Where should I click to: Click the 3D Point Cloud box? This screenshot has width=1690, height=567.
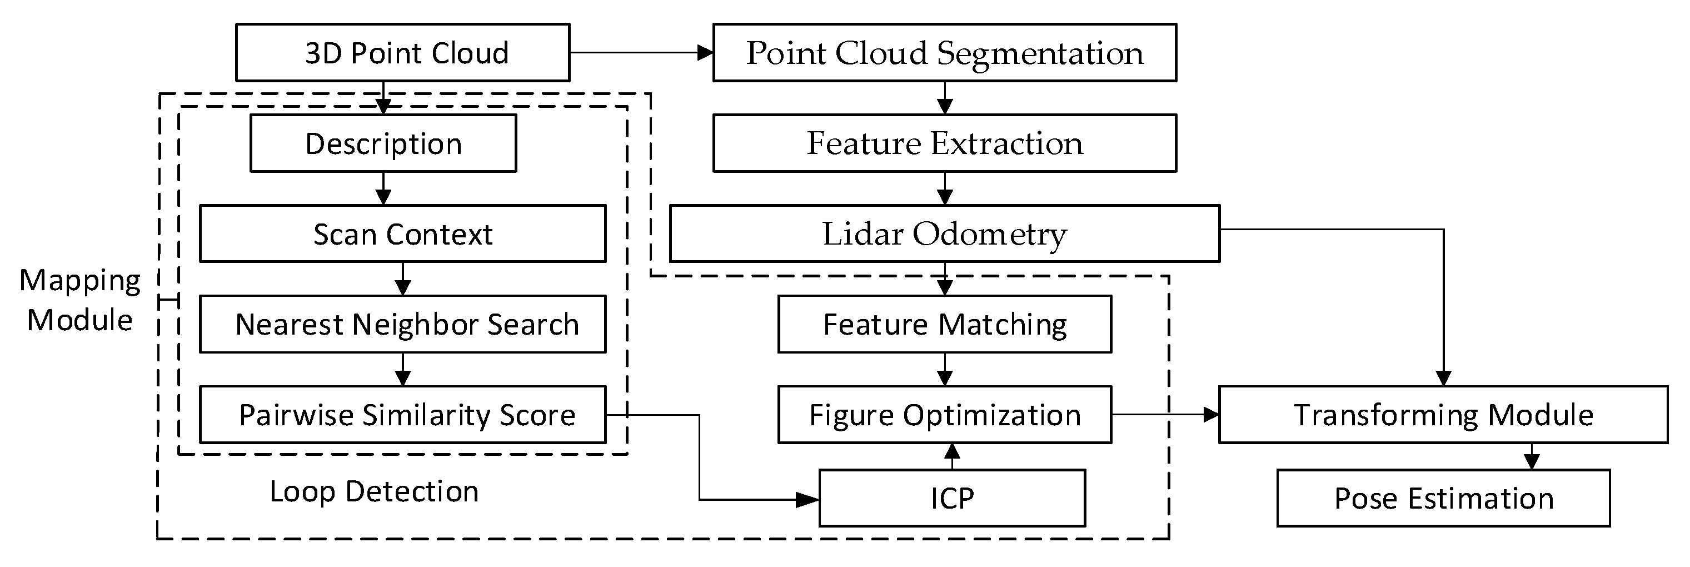pyautogui.click(x=403, y=52)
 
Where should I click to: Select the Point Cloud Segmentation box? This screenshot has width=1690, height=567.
pyautogui.click(x=945, y=52)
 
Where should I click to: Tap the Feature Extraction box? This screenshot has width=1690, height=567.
pyautogui.click(x=945, y=143)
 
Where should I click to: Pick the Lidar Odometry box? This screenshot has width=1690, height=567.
pyautogui.click(x=945, y=233)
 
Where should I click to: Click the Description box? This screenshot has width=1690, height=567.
pyautogui.click(x=383, y=143)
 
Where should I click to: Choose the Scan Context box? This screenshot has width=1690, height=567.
pyautogui.click(x=403, y=233)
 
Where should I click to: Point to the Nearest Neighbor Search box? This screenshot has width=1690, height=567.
pyautogui.click(x=403, y=324)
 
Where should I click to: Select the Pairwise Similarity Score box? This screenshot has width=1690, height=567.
pyautogui.click(x=403, y=415)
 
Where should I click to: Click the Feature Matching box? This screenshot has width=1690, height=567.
pyautogui.click(x=945, y=324)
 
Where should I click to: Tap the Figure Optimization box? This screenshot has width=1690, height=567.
pyautogui.click(x=945, y=415)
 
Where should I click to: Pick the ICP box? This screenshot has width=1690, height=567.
pyautogui.click(x=952, y=498)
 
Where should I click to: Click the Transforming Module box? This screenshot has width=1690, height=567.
pyautogui.click(x=1443, y=415)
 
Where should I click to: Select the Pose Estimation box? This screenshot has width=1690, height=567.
pyautogui.click(x=1443, y=498)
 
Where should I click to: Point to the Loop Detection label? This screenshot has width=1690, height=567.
pyautogui.click(x=374, y=491)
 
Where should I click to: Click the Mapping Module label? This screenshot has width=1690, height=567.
pyautogui.click(x=80, y=300)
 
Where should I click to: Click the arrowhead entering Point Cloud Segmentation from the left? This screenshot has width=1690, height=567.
pyautogui.click(x=705, y=52)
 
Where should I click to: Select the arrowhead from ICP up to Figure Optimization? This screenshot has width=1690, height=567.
pyautogui.click(x=952, y=451)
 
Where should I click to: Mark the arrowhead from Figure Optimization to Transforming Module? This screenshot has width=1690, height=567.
pyautogui.click(x=1211, y=415)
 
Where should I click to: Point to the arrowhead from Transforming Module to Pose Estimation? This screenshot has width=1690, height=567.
pyautogui.click(x=1532, y=461)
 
